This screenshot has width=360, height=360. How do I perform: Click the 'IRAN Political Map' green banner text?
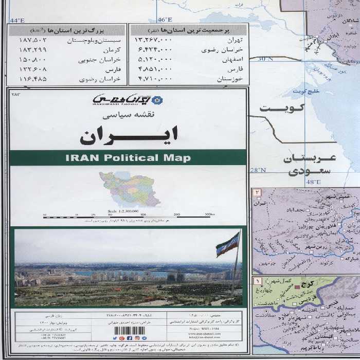tap(128, 158)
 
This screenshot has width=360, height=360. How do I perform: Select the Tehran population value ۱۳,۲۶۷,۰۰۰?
tap(152, 39)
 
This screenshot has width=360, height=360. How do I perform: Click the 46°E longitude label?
tap(164, 20)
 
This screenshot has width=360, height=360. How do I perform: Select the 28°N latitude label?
tap(258, 170)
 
